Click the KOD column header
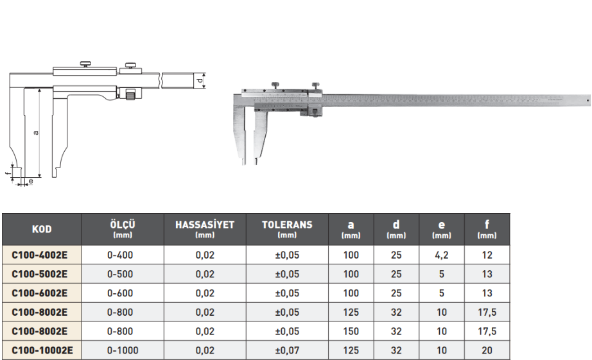(42, 229)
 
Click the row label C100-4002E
(40, 255)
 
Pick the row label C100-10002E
(42, 350)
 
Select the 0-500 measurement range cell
(120, 274)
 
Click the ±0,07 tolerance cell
(287, 350)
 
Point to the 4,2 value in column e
(441, 255)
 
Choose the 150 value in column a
(351, 331)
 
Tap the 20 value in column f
(487, 350)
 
